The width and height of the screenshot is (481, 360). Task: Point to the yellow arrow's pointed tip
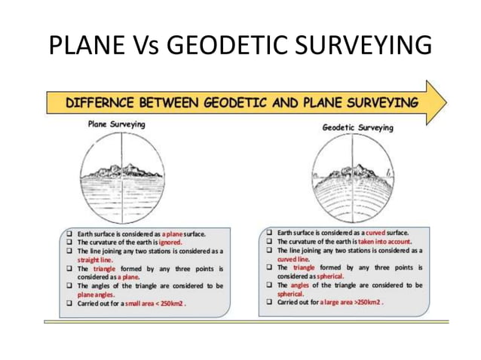point(446,102)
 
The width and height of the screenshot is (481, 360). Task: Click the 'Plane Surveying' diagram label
point(117,124)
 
